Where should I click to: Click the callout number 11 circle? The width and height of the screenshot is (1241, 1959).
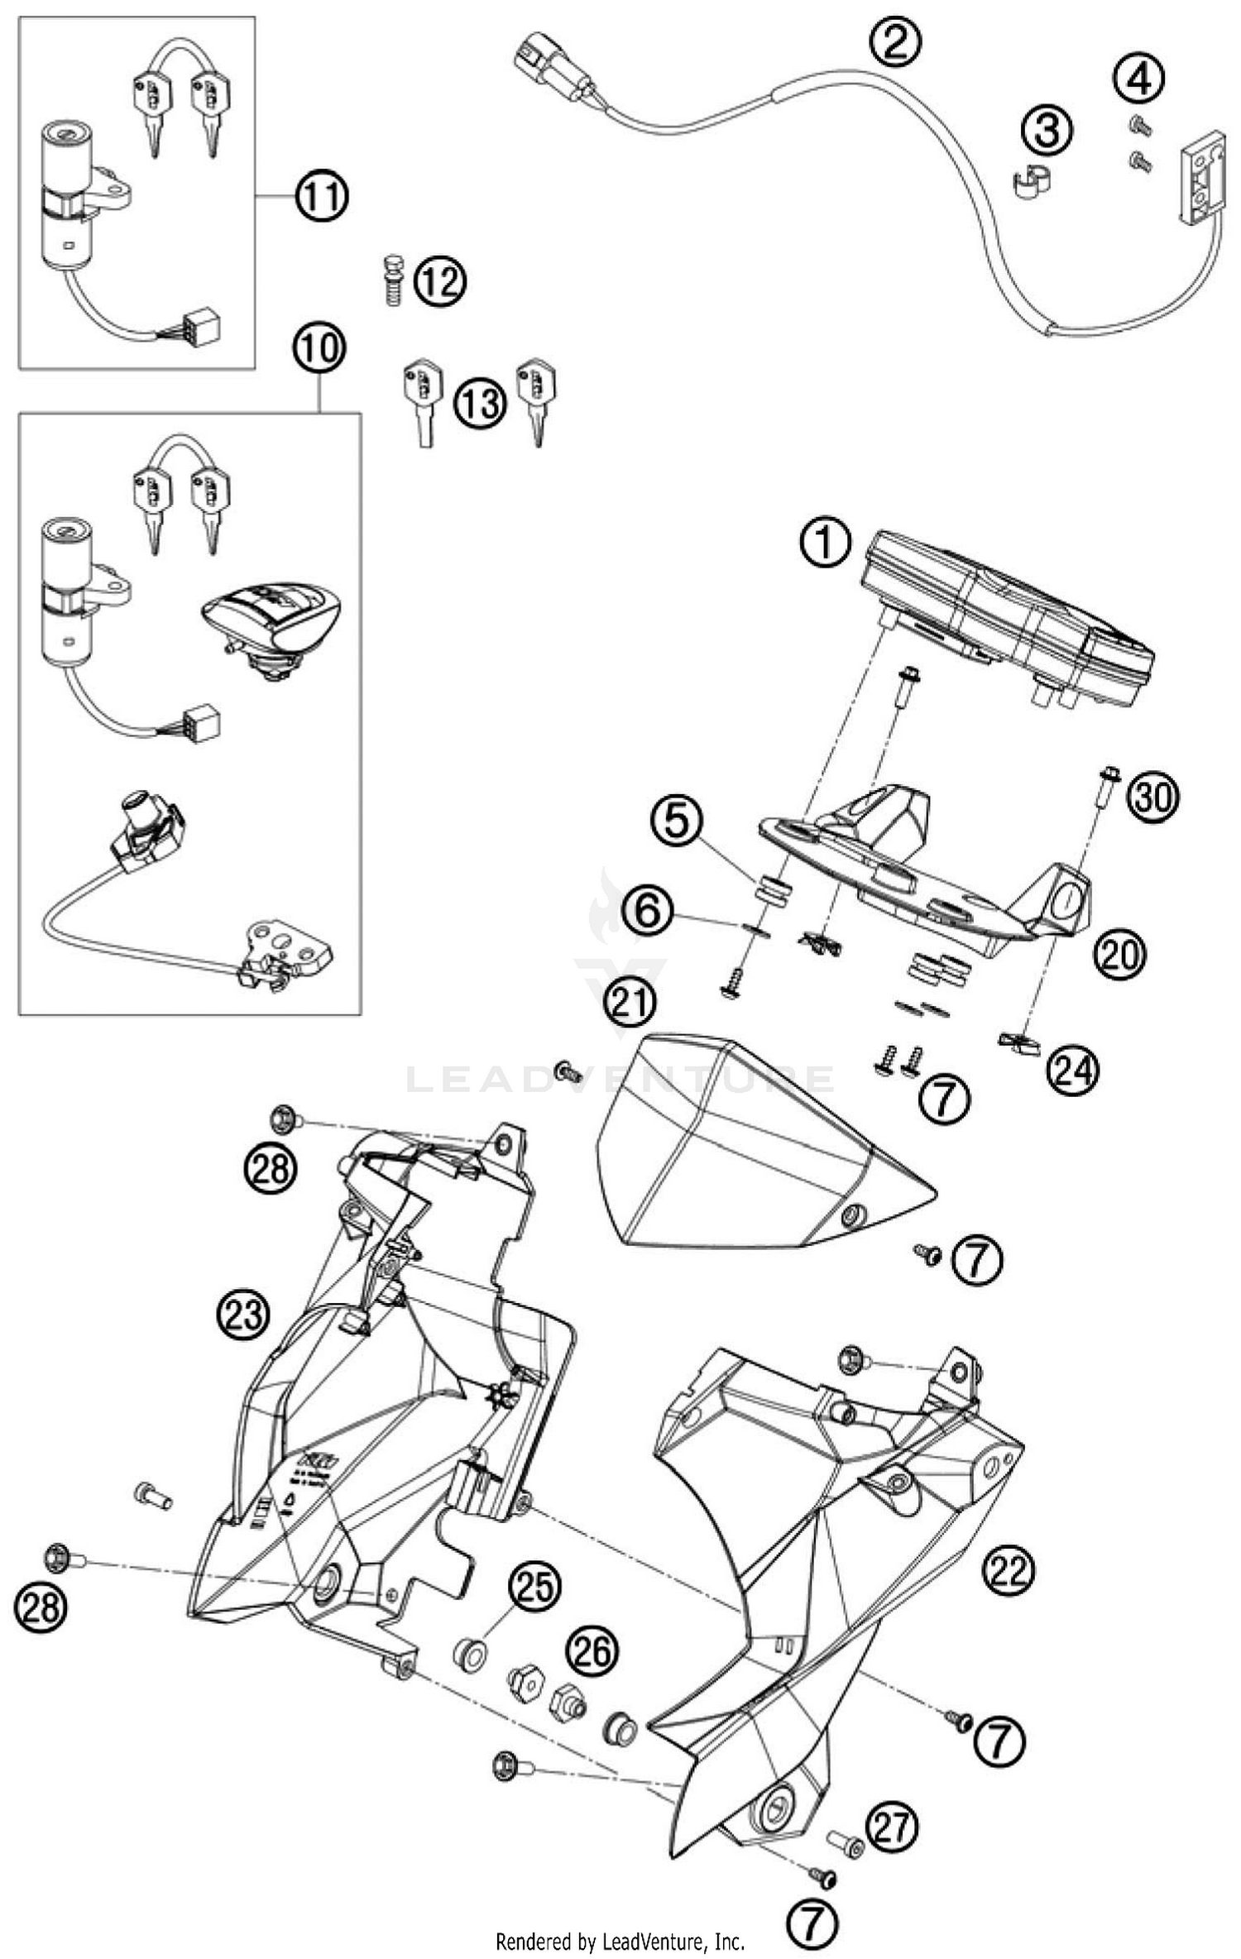[x=322, y=197]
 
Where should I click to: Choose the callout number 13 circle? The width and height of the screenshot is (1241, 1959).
[x=480, y=403]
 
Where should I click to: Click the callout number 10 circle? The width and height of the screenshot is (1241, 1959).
[x=319, y=348]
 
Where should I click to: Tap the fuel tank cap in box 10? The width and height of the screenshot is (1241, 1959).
[x=271, y=622]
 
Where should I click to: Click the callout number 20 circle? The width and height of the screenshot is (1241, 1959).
[x=1120, y=954]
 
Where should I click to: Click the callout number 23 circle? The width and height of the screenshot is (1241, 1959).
[x=244, y=1314]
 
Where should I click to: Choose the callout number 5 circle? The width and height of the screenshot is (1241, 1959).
[x=676, y=821]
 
